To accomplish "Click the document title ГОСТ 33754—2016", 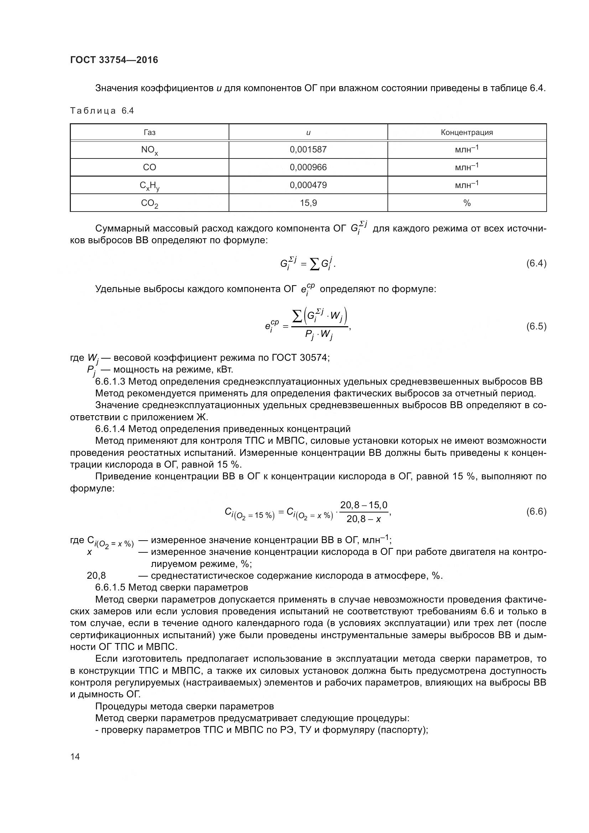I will point(114,60).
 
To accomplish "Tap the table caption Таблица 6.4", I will point(102,111).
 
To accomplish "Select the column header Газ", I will point(150,132).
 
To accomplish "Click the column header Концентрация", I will point(467,132).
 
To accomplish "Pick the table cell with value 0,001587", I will point(308,150).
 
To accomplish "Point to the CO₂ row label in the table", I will point(150,203).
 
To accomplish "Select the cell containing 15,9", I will point(308,203).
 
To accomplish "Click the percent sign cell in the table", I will point(467,203).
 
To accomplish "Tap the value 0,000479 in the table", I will point(308,185).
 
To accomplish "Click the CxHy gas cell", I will point(150,186).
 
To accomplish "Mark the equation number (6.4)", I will point(536,264).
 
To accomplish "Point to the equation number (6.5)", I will point(536,327).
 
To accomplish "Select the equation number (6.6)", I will point(536,511).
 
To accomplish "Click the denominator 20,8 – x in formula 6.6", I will point(364,519).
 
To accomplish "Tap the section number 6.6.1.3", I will point(110,382).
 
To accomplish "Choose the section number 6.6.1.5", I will point(110,587).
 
